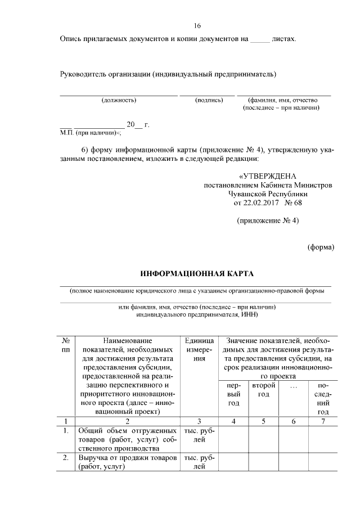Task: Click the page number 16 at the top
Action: tap(197, 25)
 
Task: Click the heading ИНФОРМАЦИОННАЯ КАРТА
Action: tap(197, 274)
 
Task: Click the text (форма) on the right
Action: tap(321, 247)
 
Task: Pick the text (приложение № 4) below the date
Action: tap(268, 220)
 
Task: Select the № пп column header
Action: tap(65, 345)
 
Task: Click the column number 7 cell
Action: tap(323, 421)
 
